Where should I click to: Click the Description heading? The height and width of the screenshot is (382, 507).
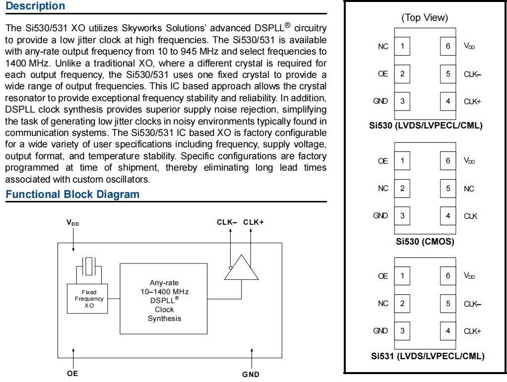pos(35,6)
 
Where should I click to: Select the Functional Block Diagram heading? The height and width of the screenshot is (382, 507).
pos(72,194)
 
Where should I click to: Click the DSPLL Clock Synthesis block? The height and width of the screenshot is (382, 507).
pos(164,299)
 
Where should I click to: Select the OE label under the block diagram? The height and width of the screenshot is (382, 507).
pos(72,374)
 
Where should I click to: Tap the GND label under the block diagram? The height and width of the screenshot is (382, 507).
pos(251,374)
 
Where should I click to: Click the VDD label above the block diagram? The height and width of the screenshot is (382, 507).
pos(73,223)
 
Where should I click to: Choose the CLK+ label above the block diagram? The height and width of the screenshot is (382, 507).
pos(253,222)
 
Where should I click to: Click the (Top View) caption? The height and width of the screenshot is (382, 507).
pos(424,18)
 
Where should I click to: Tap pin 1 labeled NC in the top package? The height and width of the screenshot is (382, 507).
pos(402,46)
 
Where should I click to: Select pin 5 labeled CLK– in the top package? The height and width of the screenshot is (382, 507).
pos(448,74)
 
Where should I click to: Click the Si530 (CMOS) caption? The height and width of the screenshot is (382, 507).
pos(425,242)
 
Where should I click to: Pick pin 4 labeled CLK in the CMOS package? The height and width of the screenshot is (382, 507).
pos(448,216)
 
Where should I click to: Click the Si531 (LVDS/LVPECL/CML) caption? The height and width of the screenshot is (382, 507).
pos(427,356)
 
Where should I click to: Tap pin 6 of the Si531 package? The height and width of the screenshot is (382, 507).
pos(448,276)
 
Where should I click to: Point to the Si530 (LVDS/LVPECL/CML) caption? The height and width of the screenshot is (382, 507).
pos(426,126)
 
